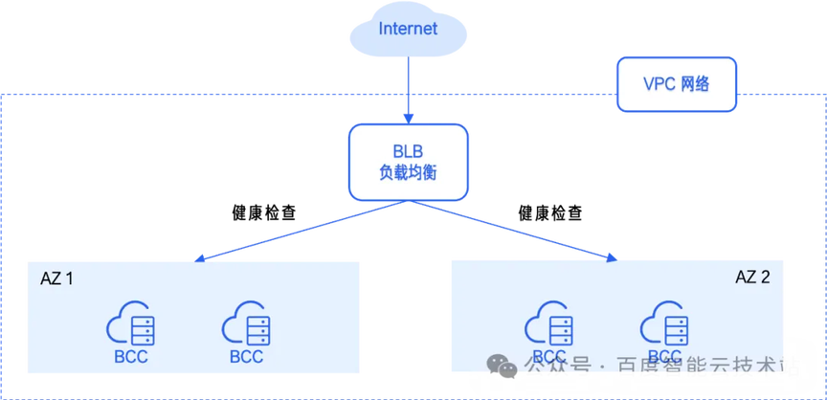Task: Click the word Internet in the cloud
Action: click(x=408, y=29)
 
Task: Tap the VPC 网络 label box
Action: click(x=677, y=84)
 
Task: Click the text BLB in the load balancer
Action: click(x=409, y=150)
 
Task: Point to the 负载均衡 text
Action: click(x=409, y=174)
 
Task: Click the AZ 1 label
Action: click(x=56, y=279)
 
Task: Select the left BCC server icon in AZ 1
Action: click(x=132, y=325)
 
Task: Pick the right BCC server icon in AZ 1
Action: click(x=246, y=325)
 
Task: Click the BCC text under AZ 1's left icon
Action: click(x=132, y=357)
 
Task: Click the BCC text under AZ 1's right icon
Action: click(x=246, y=357)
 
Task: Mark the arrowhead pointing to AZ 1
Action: click(x=198, y=257)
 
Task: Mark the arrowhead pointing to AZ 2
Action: click(x=612, y=256)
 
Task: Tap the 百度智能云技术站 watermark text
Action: click(x=707, y=367)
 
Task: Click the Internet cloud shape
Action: click(x=408, y=33)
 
